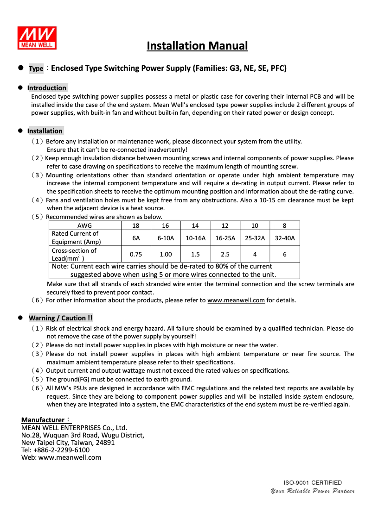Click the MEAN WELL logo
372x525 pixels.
click(x=37, y=37)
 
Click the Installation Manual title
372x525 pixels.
click(x=197, y=46)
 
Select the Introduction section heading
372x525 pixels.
click(x=46, y=88)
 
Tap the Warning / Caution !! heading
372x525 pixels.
click(x=60, y=318)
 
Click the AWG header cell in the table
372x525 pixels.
click(x=84, y=225)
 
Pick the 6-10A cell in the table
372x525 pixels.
click(x=166, y=238)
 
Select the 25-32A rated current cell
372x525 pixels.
click(x=255, y=238)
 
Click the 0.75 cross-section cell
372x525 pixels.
click(x=135, y=254)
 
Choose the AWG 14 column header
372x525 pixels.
click(x=195, y=225)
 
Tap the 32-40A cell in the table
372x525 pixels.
click(x=284, y=238)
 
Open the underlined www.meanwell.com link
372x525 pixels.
click(x=236, y=300)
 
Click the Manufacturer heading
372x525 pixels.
click(x=45, y=420)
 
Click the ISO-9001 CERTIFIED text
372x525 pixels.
click(x=313, y=482)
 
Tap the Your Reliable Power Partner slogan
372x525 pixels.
click(x=313, y=491)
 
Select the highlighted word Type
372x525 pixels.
click(x=36, y=69)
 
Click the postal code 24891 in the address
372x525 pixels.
click(x=105, y=443)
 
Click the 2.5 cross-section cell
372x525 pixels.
click(x=225, y=254)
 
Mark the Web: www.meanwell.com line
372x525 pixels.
click(x=61, y=457)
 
